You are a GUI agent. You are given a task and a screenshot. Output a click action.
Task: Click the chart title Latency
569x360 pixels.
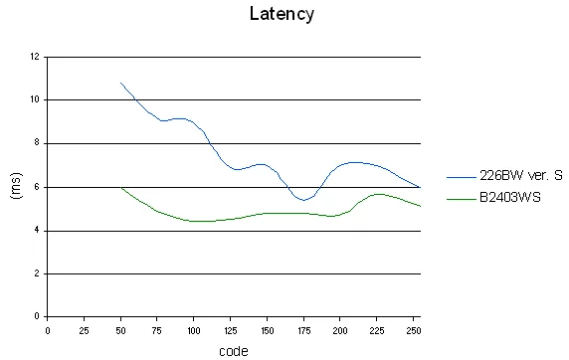coord(282,14)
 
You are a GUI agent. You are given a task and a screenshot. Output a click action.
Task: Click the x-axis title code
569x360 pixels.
coord(234,351)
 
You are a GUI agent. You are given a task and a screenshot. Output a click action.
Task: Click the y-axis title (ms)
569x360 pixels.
coord(16,186)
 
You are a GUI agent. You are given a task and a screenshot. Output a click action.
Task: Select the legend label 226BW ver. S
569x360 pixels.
coord(521,176)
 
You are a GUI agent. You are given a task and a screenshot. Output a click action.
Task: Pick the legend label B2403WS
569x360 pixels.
coord(510,198)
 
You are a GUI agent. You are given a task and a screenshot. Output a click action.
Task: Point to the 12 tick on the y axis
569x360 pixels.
coord(35,57)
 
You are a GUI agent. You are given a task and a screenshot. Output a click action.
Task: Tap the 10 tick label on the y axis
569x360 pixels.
coord(35,99)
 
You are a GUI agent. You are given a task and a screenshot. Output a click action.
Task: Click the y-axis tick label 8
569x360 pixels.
coord(37,143)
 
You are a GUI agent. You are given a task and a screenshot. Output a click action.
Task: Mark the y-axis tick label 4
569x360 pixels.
coord(37,230)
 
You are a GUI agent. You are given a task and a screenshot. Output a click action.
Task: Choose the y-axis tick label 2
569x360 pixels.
coord(37,273)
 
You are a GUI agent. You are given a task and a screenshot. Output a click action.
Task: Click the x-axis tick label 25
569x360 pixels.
coord(84,330)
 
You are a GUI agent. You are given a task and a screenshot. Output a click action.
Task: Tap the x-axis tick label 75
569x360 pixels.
coord(157,330)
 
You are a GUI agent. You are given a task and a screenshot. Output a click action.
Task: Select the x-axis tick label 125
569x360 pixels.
coord(231,330)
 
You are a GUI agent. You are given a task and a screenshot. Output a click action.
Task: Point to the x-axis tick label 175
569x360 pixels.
coord(303,330)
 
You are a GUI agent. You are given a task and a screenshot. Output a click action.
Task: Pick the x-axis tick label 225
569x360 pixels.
coord(377,330)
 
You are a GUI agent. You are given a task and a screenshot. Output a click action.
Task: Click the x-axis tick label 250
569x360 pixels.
coord(414,330)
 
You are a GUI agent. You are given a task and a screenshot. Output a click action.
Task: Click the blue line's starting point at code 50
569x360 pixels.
coord(120,83)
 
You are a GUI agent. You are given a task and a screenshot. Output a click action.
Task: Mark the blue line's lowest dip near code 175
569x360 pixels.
coord(303,200)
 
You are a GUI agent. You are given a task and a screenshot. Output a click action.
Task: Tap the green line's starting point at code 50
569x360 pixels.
coord(120,188)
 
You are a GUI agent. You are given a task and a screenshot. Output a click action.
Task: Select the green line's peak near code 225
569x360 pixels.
coord(378,194)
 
